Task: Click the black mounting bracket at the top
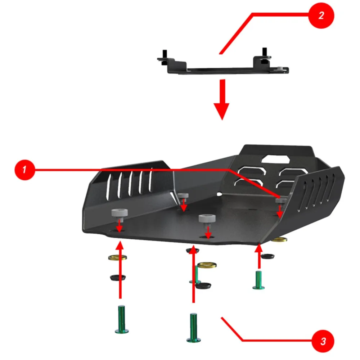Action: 223,66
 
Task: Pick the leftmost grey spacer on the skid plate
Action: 119,213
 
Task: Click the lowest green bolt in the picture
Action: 194,327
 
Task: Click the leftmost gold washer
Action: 118,257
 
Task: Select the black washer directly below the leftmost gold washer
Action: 118,278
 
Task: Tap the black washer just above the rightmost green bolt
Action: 267,256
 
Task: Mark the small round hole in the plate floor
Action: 219,194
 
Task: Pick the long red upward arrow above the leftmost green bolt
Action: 120,270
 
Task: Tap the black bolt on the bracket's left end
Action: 164,56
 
